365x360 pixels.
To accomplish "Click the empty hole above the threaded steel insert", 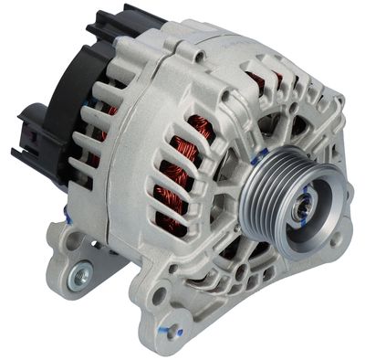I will [x=72, y=244].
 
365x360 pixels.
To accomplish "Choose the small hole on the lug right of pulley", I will [x=338, y=239].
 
